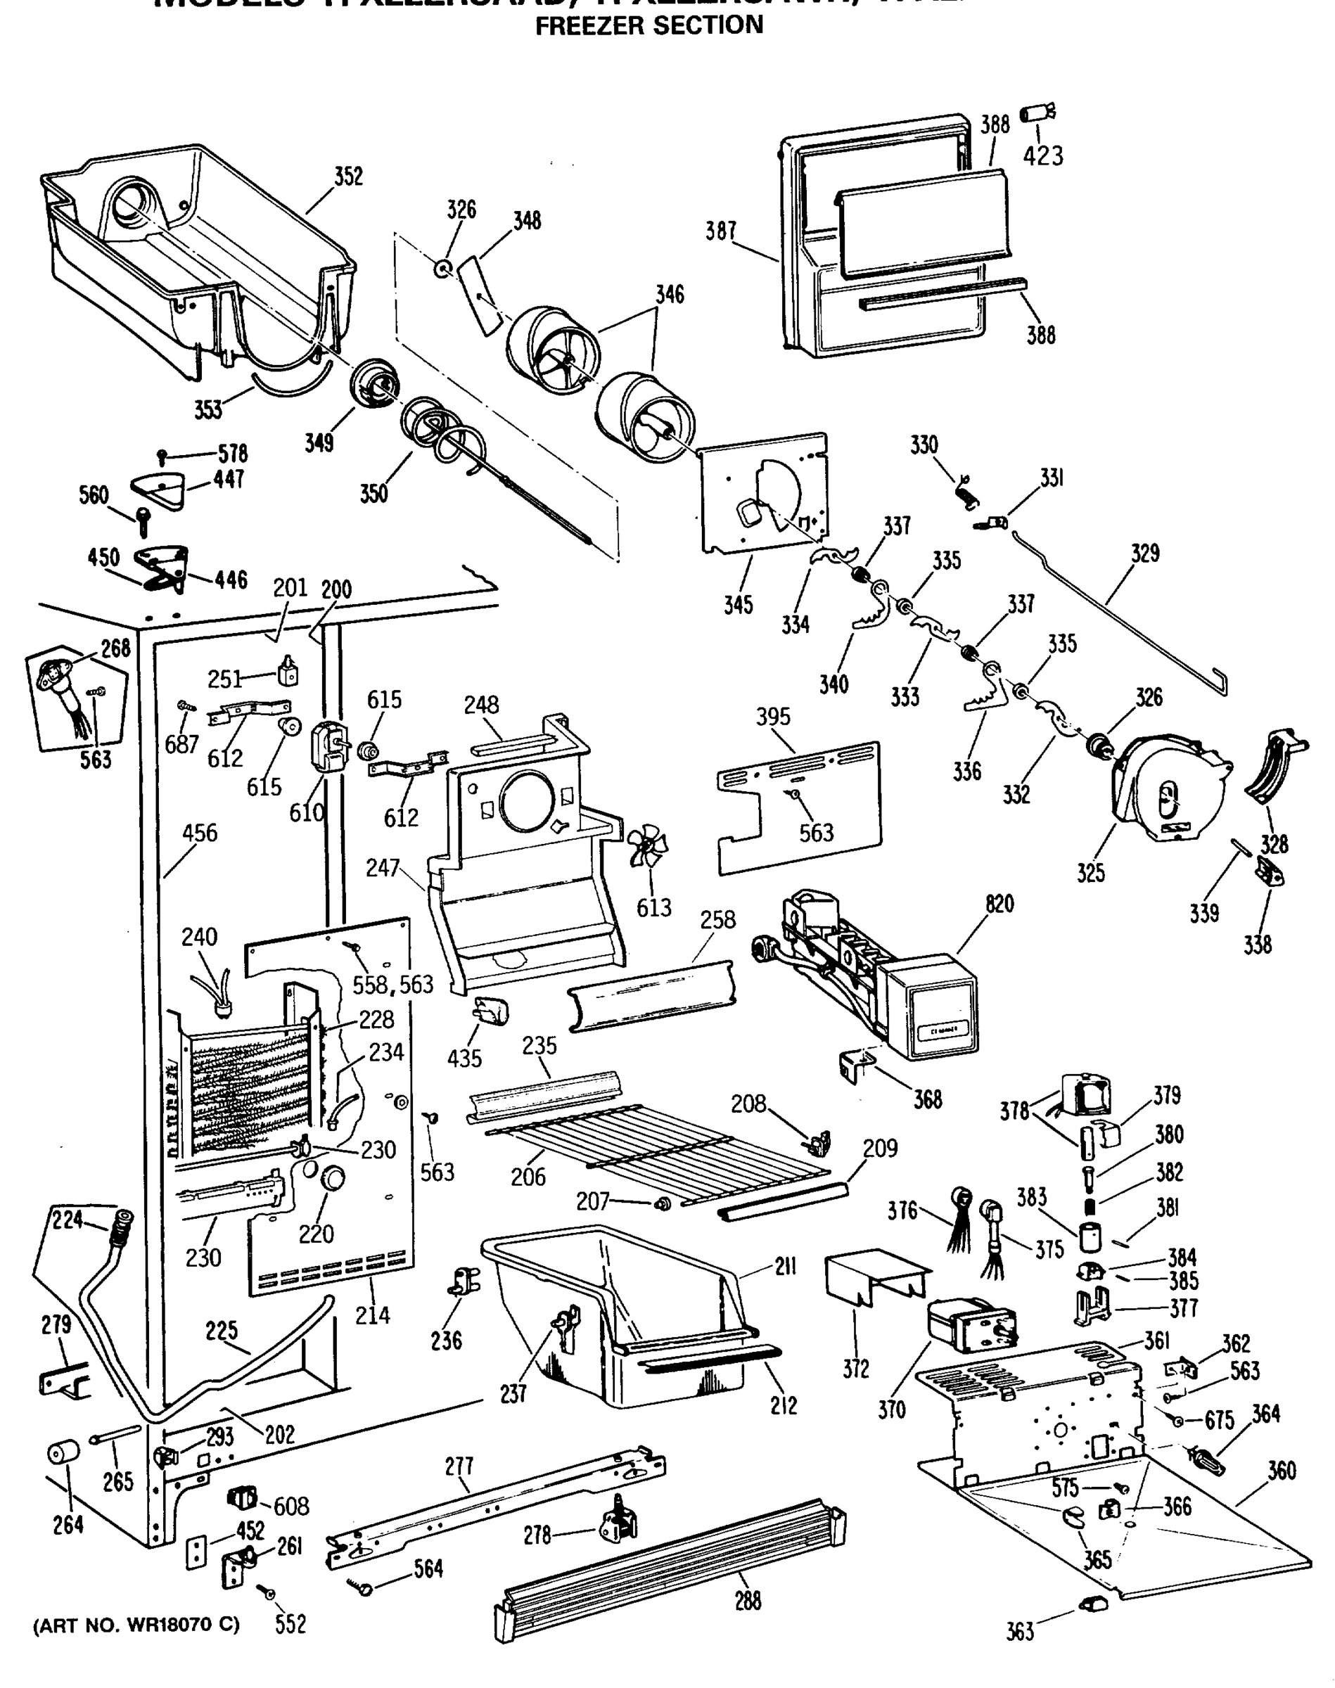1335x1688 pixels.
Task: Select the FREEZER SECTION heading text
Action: click(649, 26)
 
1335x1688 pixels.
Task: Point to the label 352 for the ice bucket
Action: click(349, 177)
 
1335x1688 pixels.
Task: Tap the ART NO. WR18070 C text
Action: click(136, 1625)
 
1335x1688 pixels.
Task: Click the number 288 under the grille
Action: click(747, 1601)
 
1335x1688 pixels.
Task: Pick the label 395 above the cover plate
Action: click(773, 717)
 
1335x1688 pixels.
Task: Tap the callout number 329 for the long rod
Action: click(1145, 554)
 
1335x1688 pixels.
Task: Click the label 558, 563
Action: click(392, 985)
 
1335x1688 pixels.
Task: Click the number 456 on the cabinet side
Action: click(199, 833)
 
